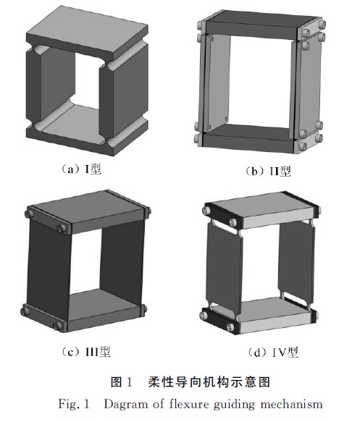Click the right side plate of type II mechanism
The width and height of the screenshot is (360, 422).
click(x=310, y=87)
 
